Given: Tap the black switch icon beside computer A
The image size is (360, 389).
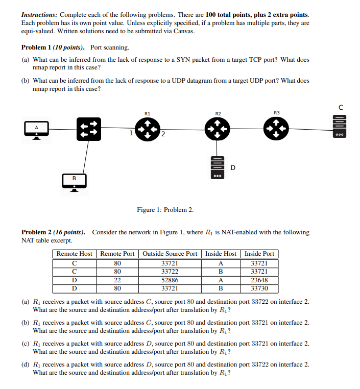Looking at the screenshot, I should tap(88, 130).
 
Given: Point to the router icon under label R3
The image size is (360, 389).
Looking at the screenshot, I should tap(277, 130).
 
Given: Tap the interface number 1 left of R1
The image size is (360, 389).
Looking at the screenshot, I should tap(131, 134).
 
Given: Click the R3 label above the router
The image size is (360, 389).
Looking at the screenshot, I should tap(277, 112).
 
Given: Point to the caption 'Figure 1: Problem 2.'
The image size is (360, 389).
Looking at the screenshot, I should tap(165, 210).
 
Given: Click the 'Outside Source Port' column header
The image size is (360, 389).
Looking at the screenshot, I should tap(170, 254).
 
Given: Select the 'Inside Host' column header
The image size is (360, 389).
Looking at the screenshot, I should tap(221, 254).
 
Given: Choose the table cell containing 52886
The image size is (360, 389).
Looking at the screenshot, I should tap(170, 280).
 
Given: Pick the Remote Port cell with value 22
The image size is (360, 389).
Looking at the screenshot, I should tap(117, 280).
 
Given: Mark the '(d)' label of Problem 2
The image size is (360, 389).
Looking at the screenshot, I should tap(26, 364).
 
